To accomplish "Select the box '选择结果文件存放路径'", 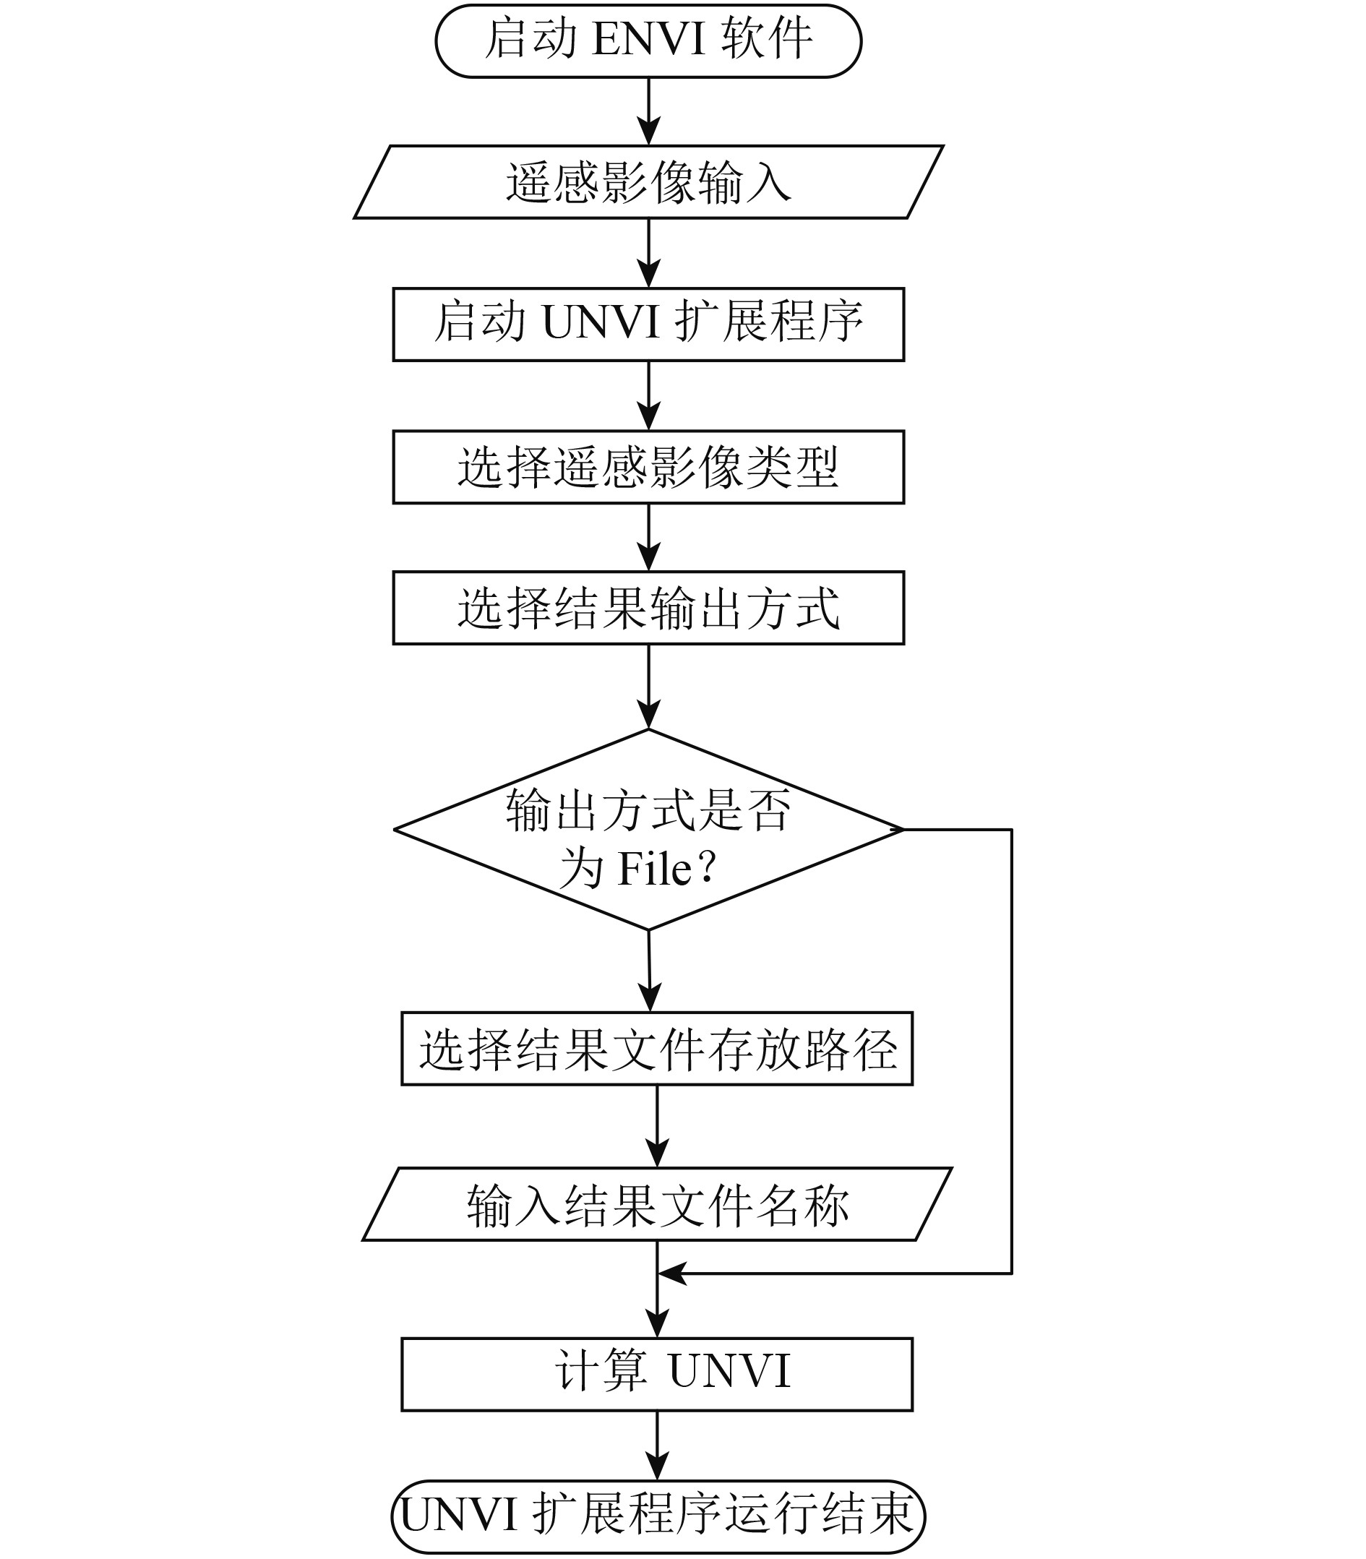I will (x=657, y=1049).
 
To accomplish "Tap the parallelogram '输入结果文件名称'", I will (x=657, y=1205).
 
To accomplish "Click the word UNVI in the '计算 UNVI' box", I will (x=729, y=1372).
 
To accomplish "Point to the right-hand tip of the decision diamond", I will (x=902, y=830).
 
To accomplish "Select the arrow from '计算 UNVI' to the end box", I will (x=657, y=1446).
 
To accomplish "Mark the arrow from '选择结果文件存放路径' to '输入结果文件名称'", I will (x=657, y=1126).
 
